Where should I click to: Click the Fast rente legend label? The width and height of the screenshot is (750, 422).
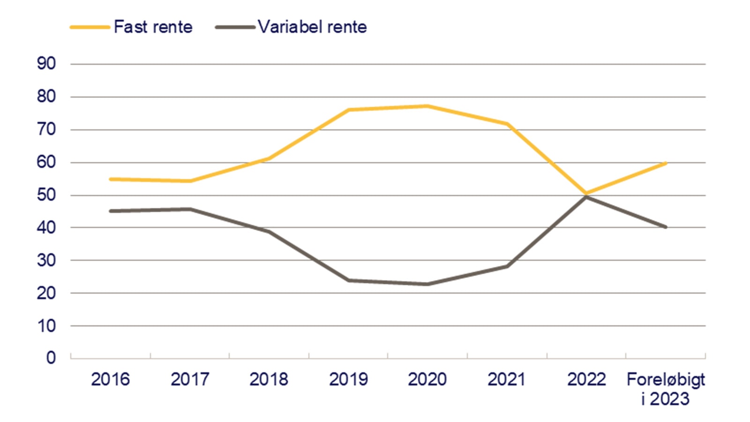(x=153, y=27)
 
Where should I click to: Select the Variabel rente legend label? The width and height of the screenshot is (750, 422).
(x=312, y=27)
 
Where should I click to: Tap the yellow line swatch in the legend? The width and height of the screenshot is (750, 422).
(x=90, y=27)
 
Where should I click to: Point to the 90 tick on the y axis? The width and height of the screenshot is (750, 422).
(x=46, y=64)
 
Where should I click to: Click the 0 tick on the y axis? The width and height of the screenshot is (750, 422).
(x=51, y=358)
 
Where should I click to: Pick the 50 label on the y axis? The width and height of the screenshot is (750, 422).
(x=46, y=195)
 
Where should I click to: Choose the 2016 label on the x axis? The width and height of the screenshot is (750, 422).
(x=110, y=379)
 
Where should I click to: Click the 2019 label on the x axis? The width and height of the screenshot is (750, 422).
(x=348, y=379)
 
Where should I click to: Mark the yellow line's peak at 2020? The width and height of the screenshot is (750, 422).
(x=427, y=106)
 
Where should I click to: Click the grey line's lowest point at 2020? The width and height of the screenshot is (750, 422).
(x=427, y=284)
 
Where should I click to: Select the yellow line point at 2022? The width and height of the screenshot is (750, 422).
(x=586, y=193)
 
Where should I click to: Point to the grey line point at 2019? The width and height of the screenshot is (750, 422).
(x=348, y=280)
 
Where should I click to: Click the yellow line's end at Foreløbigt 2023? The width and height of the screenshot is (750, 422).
(x=666, y=163)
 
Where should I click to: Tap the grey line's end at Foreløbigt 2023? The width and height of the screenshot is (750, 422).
(x=666, y=227)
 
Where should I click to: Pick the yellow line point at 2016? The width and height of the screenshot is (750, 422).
(x=110, y=179)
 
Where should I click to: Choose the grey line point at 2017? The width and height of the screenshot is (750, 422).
(x=190, y=209)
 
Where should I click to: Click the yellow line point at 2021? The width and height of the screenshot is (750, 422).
(x=507, y=124)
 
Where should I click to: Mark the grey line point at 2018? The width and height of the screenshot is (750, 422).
(x=269, y=231)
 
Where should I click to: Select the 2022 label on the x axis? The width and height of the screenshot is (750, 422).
(x=586, y=379)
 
